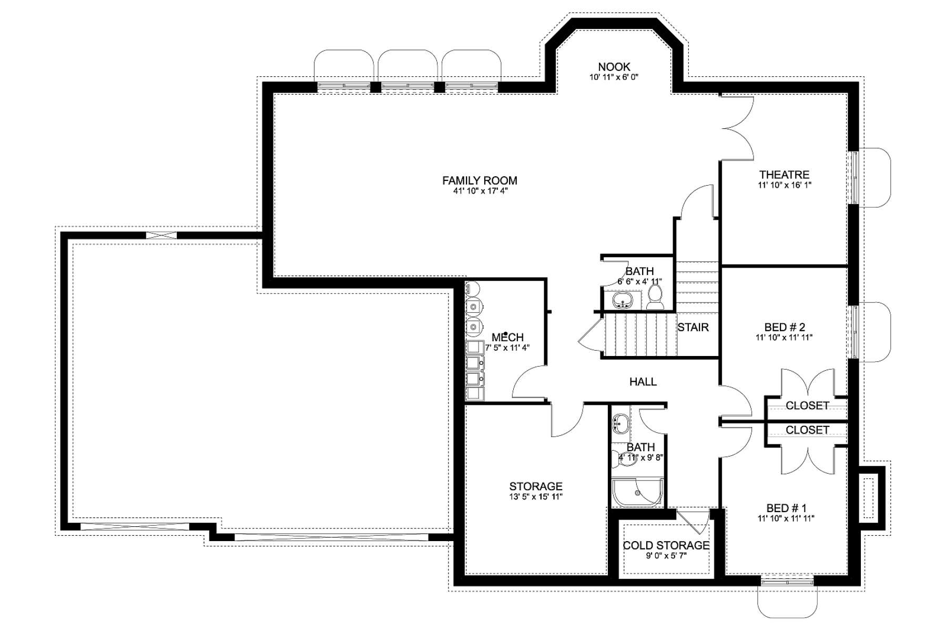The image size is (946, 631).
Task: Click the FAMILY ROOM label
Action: (x=480, y=180)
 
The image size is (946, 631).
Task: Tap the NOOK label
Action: (x=614, y=67)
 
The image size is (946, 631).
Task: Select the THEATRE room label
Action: (x=784, y=175)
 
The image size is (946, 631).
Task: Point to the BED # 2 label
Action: (x=784, y=327)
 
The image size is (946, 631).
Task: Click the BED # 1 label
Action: (x=786, y=508)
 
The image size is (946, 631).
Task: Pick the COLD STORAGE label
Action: (x=666, y=546)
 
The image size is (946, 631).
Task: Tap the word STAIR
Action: (x=693, y=327)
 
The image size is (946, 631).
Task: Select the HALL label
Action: (x=643, y=382)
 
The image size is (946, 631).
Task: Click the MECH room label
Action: (x=507, y=337)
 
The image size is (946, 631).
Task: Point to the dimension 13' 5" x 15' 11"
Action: (x=536, y=496)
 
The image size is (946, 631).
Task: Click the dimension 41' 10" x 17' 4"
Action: (x=480, y=191)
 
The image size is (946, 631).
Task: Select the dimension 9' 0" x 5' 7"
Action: (x=666, y=556)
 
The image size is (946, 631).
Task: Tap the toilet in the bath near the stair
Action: (x=655, y=298)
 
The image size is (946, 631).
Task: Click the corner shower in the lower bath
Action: (x=637, y=492)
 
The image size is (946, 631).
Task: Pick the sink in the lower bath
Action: (x=621, y=423)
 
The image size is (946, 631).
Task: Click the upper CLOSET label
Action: (x=807, y=405)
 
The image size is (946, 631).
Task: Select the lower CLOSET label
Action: (x=807, y=430)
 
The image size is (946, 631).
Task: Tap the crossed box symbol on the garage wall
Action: (x=161, y=235)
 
